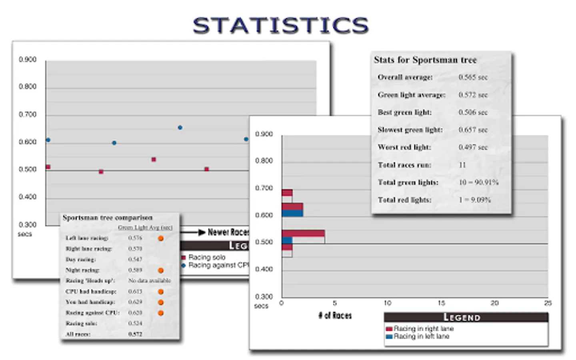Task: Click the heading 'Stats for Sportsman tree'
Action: [x=425, y=60]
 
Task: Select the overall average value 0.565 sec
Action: [x=473, y=77]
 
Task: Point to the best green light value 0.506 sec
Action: [x=473, y=112]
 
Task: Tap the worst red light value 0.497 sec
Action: [x=473, y=147]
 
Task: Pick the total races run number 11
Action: [x=462, y=165]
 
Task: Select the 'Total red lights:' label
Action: [x=404, y=200]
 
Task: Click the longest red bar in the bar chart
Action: [x=303, y=233]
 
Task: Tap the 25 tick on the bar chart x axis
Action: [x=548, y=303]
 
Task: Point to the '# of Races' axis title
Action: [x=335, y=316]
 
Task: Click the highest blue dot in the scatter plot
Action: [x=180, y=128]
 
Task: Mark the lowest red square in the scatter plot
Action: [x=101, y=172]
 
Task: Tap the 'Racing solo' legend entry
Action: [x=207, y=257]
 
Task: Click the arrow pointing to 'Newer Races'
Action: [x=192, y=232]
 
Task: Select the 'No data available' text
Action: [x=149, y=281]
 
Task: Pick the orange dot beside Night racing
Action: [x=161, y=270]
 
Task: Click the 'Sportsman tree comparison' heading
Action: [x=108, y=218]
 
